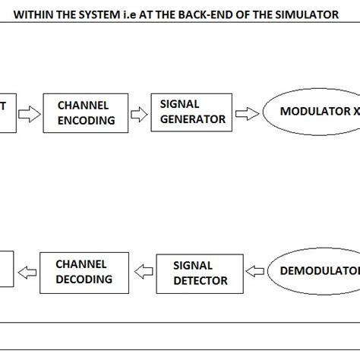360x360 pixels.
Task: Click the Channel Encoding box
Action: tap(86, 112)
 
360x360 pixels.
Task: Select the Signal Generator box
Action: tap(193, 112)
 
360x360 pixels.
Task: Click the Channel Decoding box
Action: tap(84, 271)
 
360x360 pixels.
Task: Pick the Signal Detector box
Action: tap(200, 273)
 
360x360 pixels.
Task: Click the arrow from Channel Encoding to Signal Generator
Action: tap(138, 114)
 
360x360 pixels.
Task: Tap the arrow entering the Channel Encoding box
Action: tap(31, 114)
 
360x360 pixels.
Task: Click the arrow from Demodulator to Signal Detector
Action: tap(256, 271)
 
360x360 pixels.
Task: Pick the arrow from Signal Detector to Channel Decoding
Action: tap(144, 271)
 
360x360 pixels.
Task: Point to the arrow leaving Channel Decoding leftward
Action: tap(27, 271)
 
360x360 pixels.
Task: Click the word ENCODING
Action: tap(86, 120)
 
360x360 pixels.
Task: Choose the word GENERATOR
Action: tap(192, 119)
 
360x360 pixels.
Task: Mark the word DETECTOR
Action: tap(200, 280)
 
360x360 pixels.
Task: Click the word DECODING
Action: tap(84, 279)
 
